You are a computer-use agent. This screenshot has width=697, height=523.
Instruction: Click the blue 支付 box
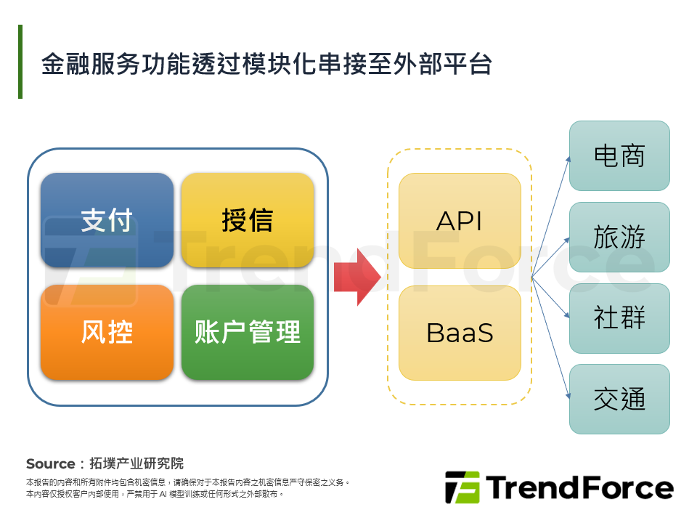[107, 220]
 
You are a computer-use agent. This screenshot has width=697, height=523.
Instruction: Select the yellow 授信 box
[247, 220]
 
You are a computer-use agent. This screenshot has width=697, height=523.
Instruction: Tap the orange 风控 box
[107, 332]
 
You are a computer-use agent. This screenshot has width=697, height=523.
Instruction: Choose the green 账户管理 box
[247, 332]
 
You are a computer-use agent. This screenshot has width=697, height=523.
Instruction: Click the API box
[460, 221]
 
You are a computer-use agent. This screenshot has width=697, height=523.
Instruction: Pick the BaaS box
[460, 333]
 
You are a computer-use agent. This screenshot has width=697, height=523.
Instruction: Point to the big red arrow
[356, 277]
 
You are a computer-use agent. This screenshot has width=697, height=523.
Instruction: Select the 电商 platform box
[619, 155]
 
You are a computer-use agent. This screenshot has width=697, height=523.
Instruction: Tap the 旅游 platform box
[619, 237]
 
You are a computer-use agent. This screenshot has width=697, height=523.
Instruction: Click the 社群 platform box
[619, 318]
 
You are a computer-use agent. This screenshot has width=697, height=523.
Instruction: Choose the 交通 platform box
[619, 399]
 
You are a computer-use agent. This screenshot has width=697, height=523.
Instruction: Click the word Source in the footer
[50, 463]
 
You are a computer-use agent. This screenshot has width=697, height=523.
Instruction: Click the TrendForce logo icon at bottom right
[462, 487]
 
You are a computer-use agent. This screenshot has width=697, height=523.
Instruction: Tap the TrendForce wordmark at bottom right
[579, 487]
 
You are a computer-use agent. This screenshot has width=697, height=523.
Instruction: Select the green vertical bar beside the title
[20, 62]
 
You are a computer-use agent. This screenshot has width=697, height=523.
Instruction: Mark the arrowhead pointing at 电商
[566, 158]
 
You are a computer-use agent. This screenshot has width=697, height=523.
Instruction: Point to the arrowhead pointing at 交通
[566, 397]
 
